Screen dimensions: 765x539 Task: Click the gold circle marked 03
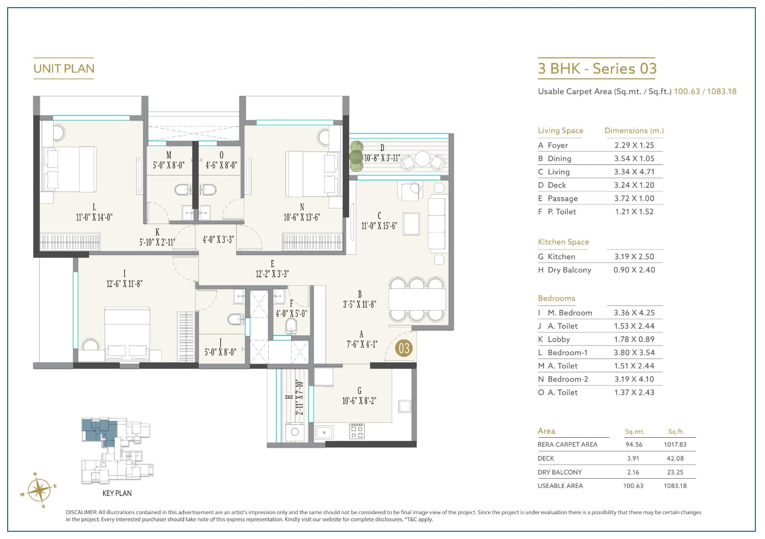(404, 348)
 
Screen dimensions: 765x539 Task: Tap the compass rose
(39, 491)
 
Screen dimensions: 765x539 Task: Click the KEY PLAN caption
(117, 493)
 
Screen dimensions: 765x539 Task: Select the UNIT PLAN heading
(64, 69)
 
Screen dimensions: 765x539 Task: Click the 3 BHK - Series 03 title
(597, 69)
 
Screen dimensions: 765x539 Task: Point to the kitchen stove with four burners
(357, 431)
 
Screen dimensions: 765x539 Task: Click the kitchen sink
(324, 432)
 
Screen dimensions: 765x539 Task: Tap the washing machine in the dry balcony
(295, 432)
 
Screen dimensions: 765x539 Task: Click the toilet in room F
(291, 326)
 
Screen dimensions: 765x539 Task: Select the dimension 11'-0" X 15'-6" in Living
(379, 226)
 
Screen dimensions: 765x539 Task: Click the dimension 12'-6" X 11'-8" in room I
(124, 284)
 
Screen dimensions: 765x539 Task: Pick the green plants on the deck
(356, 156)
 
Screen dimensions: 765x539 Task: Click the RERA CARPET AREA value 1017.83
(675, 444)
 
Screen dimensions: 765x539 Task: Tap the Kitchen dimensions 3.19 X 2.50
(634, 257)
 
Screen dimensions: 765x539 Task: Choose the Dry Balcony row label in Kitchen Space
(569, 270)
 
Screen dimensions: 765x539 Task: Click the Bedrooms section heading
(557, 298)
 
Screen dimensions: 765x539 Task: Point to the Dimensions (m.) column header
(634, 130)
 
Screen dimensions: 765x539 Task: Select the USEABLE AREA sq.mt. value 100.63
(633, 486)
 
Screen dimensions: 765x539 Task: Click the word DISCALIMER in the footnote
(81, 512)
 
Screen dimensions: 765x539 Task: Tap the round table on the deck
(422, 159)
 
